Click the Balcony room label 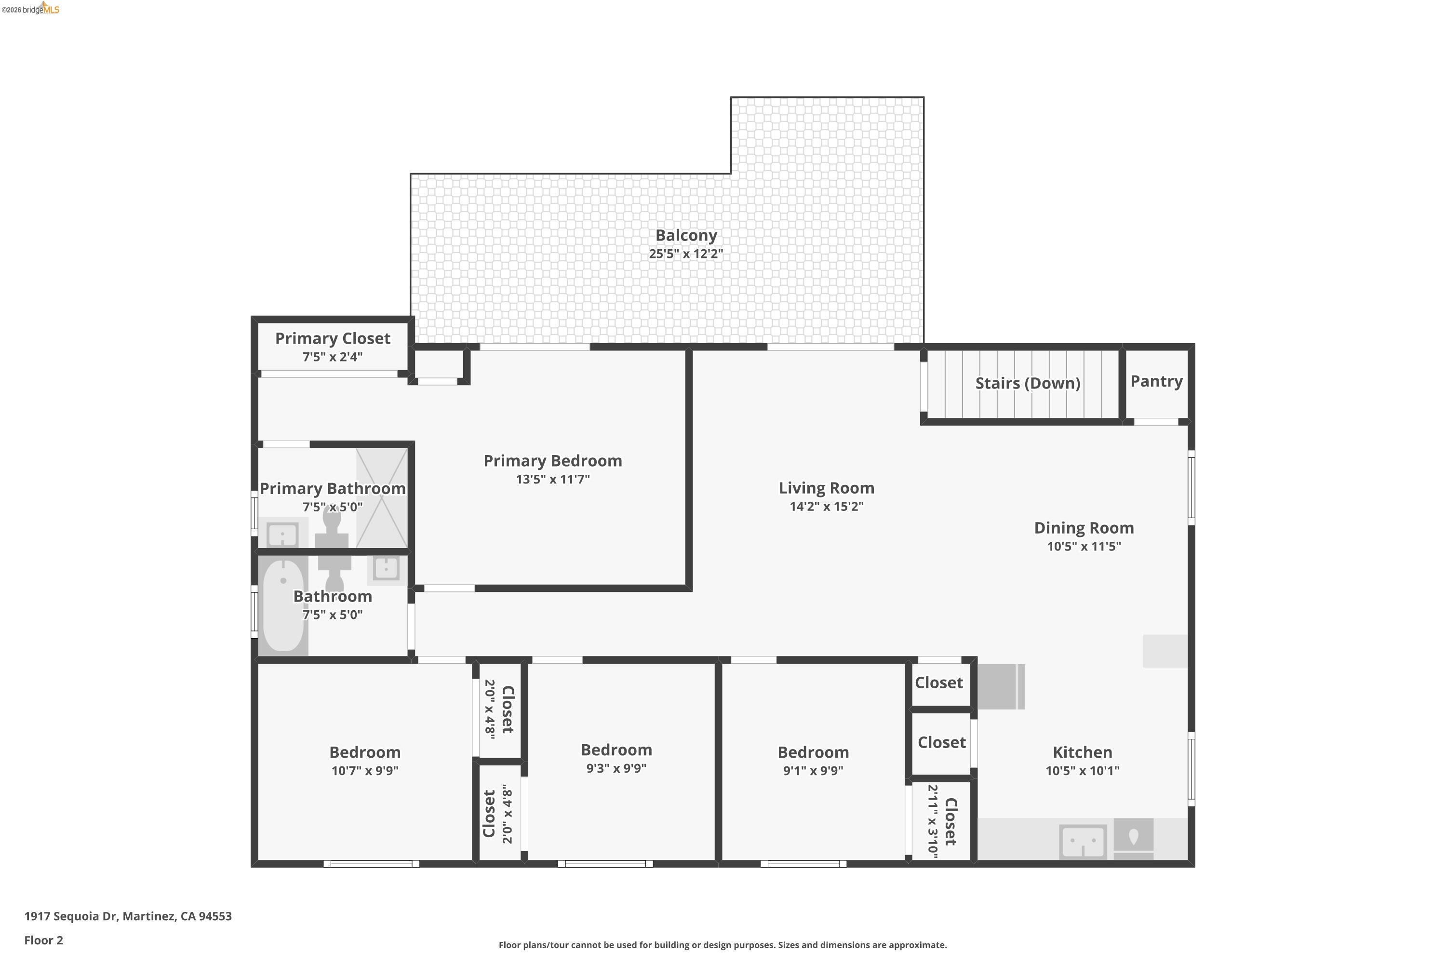[x=686, y=236]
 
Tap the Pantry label [x=1156, y=381]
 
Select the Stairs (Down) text [x=1027, y=383]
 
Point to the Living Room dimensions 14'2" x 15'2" [x=826, y=507]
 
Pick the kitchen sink [x=1083, y=841]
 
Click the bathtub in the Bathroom [x=283, y=604]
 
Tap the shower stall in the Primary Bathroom [x=382, y=498]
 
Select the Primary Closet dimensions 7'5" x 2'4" [x=333, y=357]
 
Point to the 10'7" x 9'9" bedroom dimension [x=365, y=771]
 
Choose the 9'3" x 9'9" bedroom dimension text [x=616, y=768]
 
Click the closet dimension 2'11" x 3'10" [x=933, y=821]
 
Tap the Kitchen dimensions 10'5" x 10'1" [x=1082, y=771]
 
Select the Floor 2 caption [x=44, y=940]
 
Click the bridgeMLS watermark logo [x=31, y=9]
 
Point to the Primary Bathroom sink [x=283, y=534]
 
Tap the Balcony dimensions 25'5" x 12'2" [x=686, y=254]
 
